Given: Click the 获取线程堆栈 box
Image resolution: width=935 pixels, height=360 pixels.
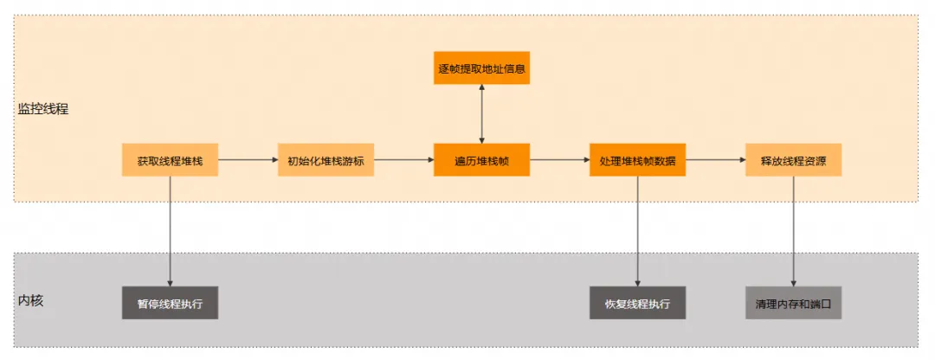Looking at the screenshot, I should (170, 160).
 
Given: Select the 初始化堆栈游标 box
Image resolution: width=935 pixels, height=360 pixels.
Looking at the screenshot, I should (326, 160).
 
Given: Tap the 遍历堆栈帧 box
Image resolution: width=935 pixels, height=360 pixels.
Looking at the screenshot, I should (481, 160).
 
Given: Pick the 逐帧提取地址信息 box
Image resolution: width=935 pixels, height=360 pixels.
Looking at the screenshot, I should (481, 67).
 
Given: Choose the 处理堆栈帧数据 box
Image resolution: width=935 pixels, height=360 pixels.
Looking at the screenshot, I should (637, 160).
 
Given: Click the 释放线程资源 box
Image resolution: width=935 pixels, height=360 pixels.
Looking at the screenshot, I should (793, 160).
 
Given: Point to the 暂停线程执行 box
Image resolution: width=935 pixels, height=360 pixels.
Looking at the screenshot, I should (170, 303).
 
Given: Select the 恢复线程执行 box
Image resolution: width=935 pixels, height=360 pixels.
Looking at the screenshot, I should (637, 303).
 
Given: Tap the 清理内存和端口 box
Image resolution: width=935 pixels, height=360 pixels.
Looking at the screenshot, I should (793, 303).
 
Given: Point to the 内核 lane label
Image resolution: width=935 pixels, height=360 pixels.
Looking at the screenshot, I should (30, 301).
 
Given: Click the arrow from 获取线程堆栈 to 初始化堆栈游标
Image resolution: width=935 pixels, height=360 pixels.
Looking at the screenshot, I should (248, 160).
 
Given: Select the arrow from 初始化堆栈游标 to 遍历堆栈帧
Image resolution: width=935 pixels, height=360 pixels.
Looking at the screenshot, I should (403, 160).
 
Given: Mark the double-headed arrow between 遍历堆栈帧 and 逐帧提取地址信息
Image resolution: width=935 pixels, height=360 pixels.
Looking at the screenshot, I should (481, 113).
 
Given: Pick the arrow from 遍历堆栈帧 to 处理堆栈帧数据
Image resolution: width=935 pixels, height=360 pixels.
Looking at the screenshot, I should (559, 160).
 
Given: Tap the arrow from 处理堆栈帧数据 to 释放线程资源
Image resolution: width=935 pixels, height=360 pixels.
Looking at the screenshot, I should (715, 160).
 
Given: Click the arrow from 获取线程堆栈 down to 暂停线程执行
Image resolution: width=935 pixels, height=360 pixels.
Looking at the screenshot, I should (170, 230).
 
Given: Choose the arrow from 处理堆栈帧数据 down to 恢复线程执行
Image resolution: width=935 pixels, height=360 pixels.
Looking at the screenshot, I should (637, 230).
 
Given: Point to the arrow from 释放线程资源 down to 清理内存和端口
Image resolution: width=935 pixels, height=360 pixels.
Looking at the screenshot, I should (793, 230).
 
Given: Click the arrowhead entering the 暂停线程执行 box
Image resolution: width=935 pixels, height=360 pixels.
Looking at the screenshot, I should (170, 281).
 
